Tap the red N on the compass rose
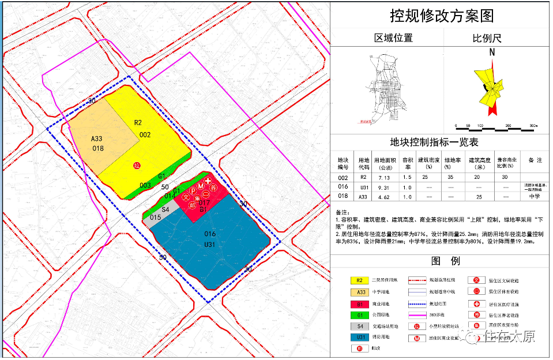(492, 51)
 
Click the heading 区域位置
(393, 39)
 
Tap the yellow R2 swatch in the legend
(360, 280)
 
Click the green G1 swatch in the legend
(360, 314)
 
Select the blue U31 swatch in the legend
(360, 337)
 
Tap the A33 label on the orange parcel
(97, 138)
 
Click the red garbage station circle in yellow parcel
(137, 165)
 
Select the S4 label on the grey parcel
(165, 209)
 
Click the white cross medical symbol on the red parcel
(208, 181)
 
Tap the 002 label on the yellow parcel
(145, 134)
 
